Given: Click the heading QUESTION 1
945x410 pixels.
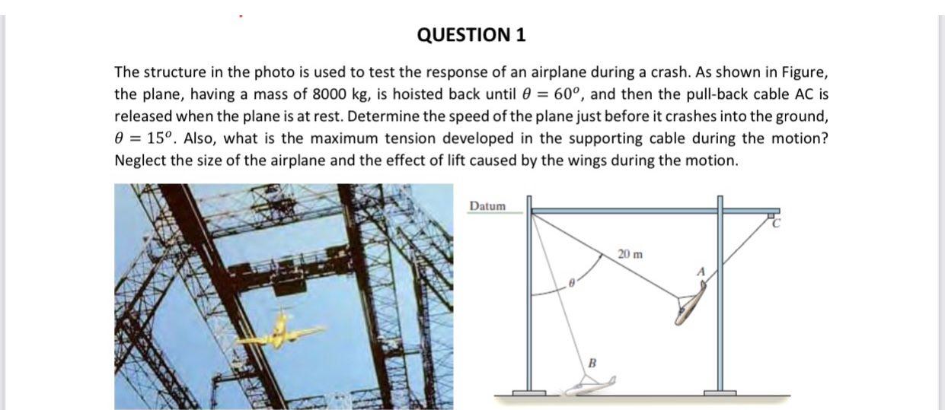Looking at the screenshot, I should pos(472,35).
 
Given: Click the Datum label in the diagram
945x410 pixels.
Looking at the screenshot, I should pos(487,206).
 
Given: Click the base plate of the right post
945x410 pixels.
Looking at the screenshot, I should pos(720,393).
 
